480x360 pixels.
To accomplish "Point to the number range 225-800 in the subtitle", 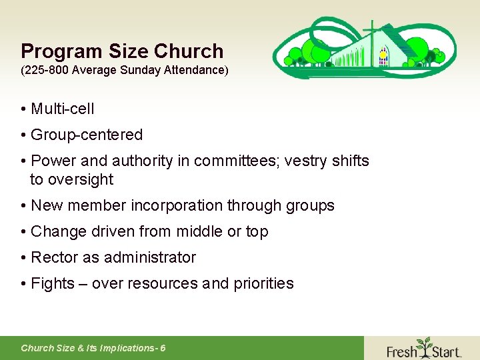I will point(48,70).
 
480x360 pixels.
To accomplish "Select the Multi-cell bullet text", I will point(63,109).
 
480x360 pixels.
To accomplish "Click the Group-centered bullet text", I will point(87,135).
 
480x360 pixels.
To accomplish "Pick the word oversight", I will point(81,179).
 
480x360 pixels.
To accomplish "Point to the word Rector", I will point(55,257).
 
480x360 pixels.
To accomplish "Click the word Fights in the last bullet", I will point(53,283).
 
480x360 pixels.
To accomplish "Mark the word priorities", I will point(263,283).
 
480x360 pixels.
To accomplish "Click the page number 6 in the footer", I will point(163,348).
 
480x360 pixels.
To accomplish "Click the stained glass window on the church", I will point(383,57).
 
